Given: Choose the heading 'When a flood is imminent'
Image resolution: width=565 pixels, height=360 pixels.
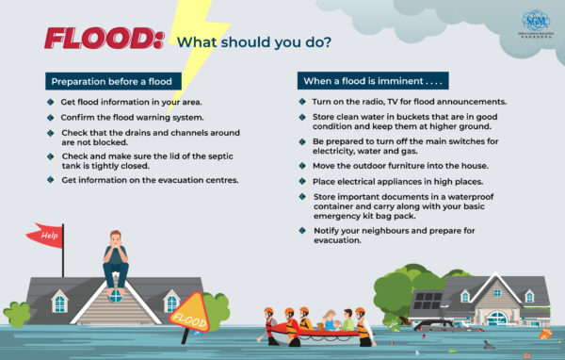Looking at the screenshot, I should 372,81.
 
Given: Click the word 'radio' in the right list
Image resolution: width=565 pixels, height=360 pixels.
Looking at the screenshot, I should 368,102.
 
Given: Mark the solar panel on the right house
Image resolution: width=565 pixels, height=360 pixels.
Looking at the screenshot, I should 426,300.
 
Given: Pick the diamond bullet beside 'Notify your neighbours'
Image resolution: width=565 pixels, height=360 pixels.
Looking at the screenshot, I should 302,229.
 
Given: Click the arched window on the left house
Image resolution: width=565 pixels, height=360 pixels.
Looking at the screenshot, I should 115,294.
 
